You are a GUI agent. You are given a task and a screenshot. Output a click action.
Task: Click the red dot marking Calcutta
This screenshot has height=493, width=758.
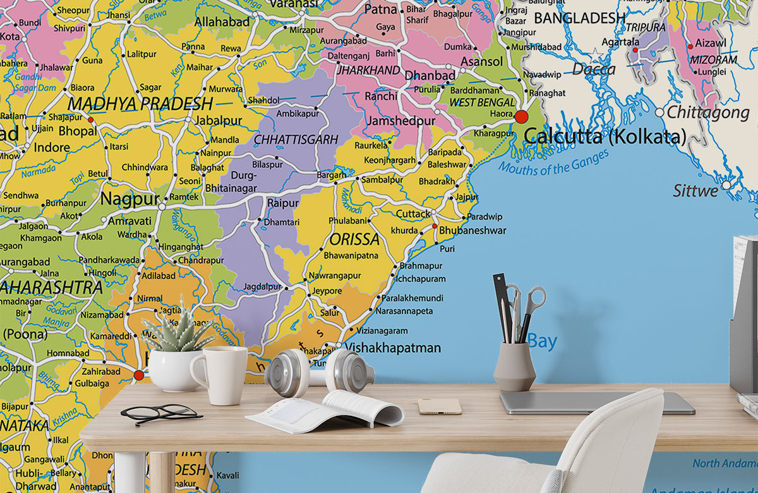(521, 116)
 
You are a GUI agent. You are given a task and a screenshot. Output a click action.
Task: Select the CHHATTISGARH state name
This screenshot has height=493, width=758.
(296, 140)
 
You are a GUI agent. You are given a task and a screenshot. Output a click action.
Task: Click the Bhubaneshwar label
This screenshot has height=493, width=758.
(472, 231)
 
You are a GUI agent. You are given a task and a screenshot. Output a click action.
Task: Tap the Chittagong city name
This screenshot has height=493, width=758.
(708, 113)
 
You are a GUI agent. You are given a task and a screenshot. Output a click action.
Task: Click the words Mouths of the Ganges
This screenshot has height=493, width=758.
(553, 161)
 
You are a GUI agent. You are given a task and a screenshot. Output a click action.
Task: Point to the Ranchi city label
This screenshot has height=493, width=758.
(381, 96)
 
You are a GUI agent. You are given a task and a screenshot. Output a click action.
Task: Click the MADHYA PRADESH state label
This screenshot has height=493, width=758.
(140, 104)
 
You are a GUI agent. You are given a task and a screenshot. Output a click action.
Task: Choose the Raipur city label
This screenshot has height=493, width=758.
(282, 203)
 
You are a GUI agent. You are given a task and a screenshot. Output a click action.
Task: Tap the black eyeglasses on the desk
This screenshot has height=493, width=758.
(161, 413)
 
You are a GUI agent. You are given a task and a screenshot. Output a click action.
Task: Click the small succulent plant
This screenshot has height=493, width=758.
(178, 332)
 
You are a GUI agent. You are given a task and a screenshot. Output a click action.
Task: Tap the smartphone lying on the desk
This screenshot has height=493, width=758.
(439, 406)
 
